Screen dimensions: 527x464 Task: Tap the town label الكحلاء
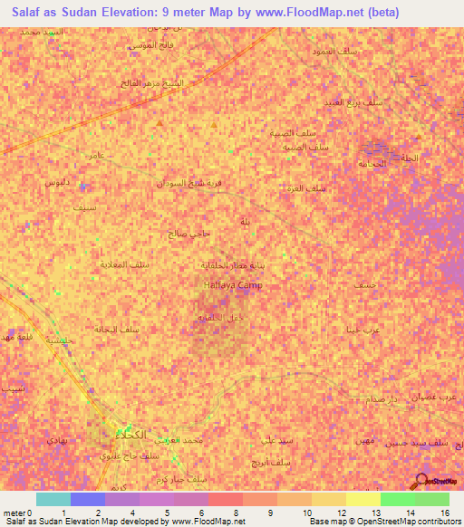click(130, 432)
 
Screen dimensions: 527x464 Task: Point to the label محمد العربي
click(188, 440)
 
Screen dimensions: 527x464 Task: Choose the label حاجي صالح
click(189, 234)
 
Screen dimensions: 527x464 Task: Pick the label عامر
click(93, 156)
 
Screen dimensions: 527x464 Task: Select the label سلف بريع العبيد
click(361, 102)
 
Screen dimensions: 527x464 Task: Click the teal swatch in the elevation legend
click(53, 499)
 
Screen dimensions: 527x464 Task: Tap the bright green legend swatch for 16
click(432, 499)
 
